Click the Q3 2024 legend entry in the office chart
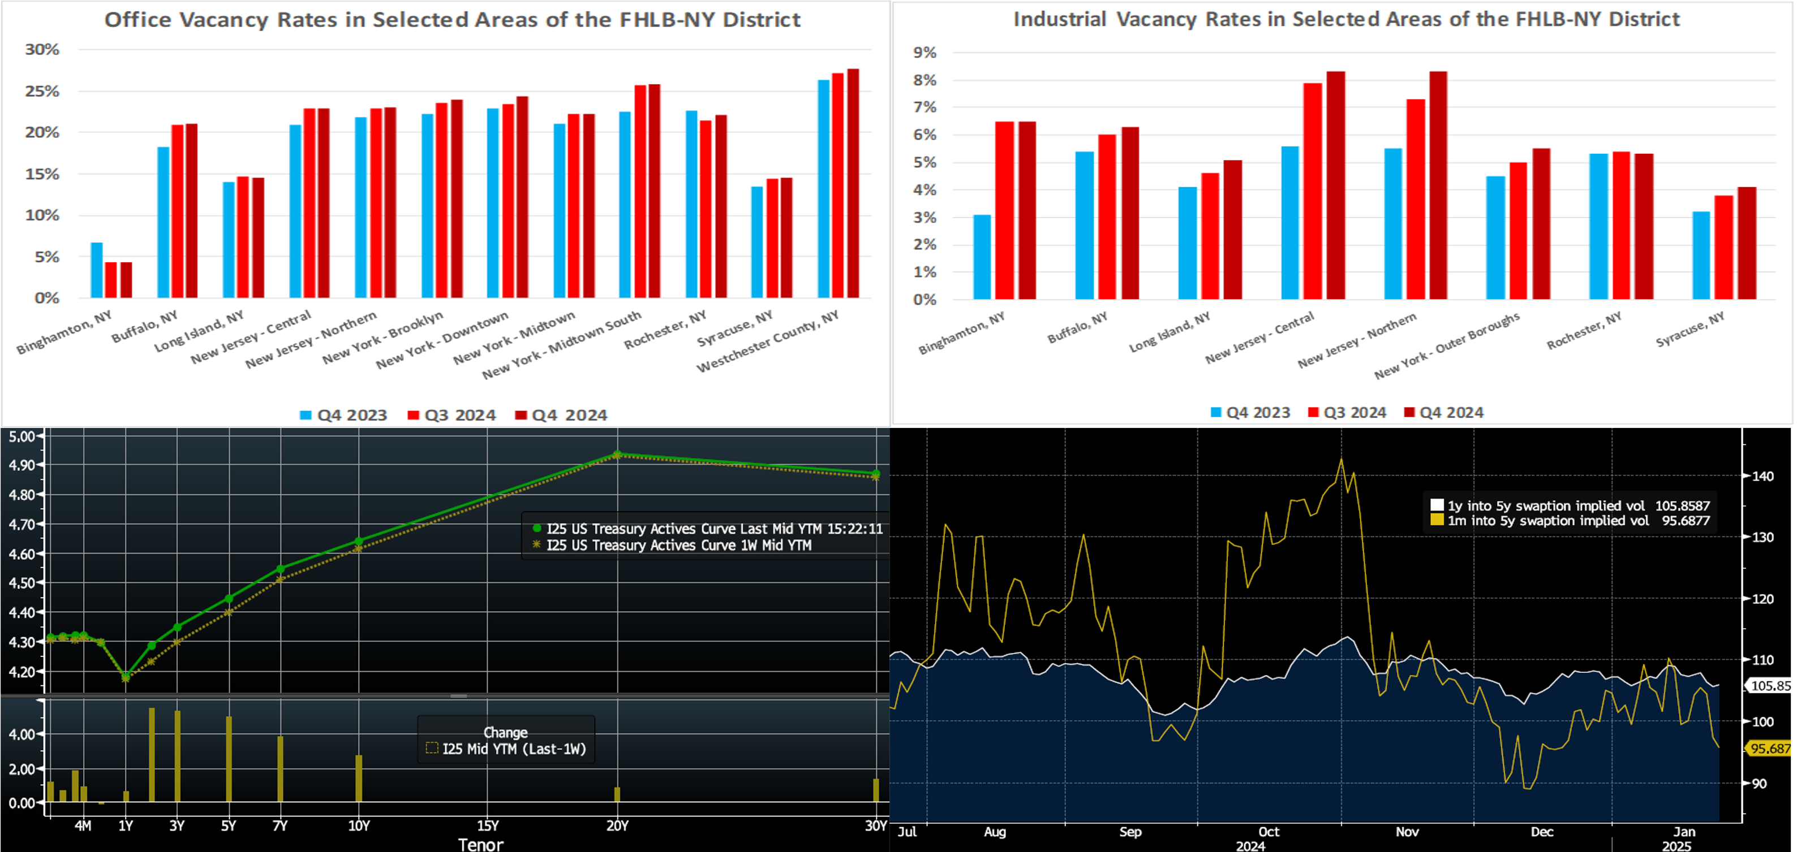click(452, 416)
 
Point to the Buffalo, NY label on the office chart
click(145, 326)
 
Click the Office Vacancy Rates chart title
click(452, 20)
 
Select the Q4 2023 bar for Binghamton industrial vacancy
click(982, 257)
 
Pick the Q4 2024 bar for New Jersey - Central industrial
click(1335, 185)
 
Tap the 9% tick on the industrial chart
click(925, 52)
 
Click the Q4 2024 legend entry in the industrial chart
click(1443, 413)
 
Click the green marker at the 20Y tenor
click(617, 454)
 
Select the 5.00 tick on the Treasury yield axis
click(21, 436)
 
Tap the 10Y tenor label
click(359, 826)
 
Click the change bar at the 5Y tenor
click(228, 759)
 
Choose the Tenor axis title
click(480, 844)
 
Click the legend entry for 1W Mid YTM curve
click(677, 545)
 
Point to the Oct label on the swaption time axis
click(1268, 832)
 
